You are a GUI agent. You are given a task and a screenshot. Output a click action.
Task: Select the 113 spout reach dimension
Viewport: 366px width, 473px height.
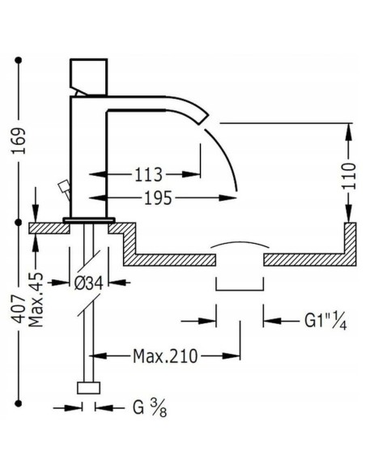point(148,174)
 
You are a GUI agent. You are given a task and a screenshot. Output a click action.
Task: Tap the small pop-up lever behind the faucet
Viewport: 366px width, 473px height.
point(59,191)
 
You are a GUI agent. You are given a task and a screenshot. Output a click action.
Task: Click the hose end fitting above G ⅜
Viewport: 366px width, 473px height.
point(87,387)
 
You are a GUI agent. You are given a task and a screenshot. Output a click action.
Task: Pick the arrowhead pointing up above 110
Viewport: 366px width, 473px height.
point(349,127)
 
